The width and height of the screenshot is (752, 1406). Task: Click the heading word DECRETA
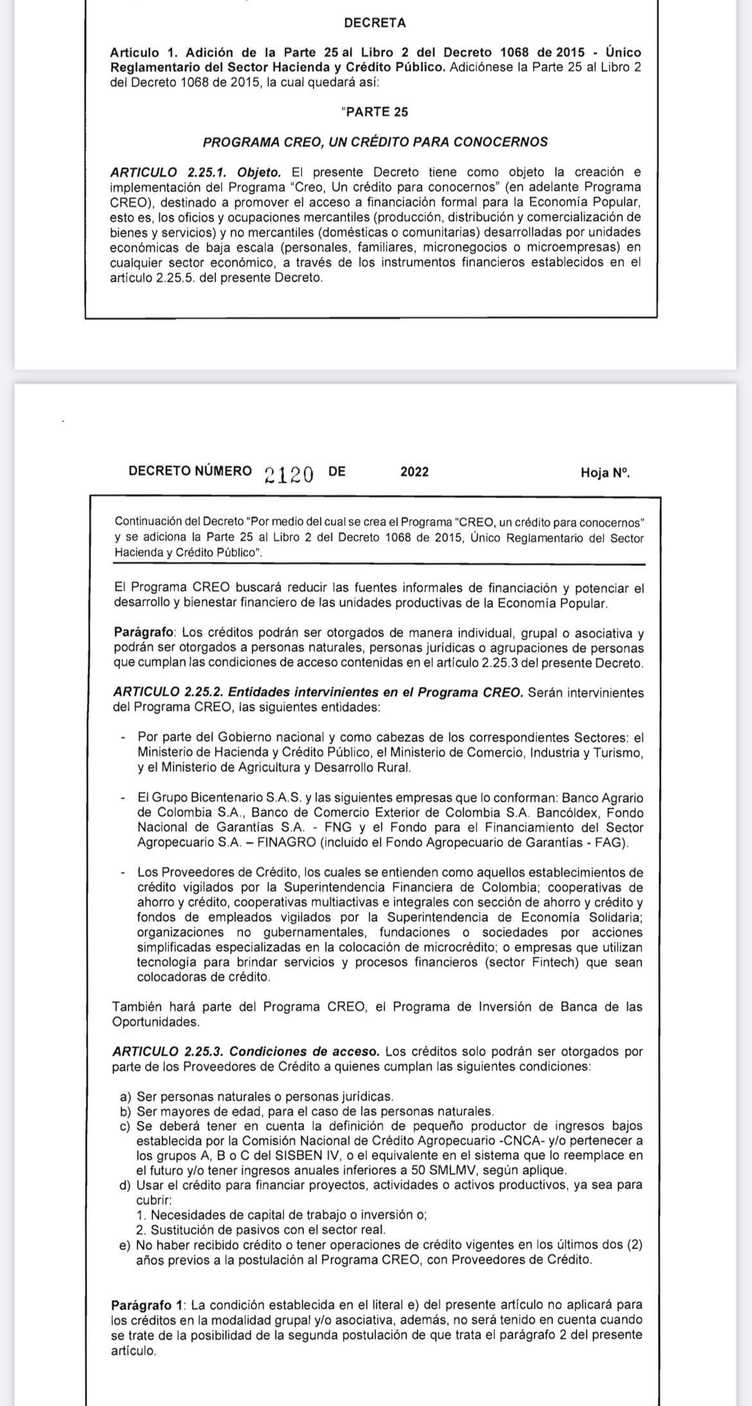point(375,23)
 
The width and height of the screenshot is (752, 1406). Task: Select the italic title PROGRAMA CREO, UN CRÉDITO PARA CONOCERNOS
point(375,142)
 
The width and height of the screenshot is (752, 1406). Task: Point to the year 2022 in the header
point(414,472)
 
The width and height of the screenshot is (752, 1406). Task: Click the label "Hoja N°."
point(605,473)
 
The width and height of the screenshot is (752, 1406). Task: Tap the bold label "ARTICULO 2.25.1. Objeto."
point(195,172)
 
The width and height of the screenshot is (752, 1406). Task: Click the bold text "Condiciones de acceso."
point(304,1052)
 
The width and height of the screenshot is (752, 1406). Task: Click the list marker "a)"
point(125,1097)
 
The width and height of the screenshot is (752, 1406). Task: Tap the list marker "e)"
point(125,1245)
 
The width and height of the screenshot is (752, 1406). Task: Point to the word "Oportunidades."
point(156,1022)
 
